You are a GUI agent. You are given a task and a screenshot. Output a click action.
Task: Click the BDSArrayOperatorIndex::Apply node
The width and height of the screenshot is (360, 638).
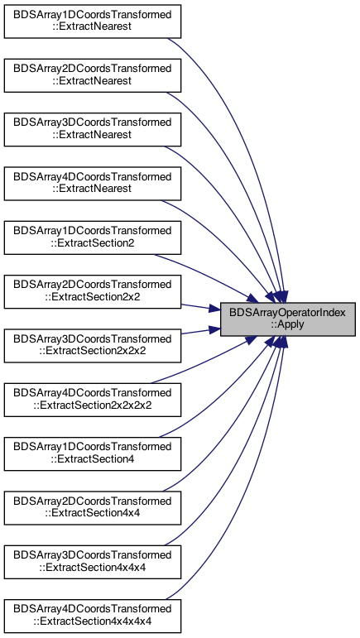coord(288,319)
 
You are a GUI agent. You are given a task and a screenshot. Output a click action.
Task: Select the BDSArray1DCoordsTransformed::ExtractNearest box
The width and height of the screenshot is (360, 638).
coord(93,22)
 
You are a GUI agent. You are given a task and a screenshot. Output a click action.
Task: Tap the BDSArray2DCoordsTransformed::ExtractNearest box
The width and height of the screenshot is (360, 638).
coord(93,75)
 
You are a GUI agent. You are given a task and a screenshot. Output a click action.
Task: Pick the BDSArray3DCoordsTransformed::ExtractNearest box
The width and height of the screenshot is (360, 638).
coord(93,129)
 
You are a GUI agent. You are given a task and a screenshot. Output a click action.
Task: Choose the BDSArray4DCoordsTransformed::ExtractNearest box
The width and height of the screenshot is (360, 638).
coord(93,184)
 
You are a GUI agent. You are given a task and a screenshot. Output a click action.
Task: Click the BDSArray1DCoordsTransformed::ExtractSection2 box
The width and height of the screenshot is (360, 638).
coord(93,237)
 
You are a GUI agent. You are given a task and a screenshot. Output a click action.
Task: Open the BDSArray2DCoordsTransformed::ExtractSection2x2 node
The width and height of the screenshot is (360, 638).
coord(93,292)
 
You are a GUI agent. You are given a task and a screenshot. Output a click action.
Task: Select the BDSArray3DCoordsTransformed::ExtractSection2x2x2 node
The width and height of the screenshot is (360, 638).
coord(93,346)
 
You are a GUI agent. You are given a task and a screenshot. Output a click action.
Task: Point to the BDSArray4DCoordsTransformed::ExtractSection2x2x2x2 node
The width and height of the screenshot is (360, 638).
coord(93,400)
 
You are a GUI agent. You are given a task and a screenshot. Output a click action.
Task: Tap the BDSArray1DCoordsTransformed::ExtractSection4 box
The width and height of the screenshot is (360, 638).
coord(93,453)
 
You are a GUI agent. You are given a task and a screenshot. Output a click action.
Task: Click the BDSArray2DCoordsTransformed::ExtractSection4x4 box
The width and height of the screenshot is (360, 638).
coord(93,508)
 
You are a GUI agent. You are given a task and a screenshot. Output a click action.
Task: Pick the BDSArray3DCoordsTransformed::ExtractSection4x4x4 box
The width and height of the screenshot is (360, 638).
coord(93,562)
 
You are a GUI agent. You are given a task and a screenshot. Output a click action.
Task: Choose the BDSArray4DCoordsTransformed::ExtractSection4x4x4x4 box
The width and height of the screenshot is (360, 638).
coord(93,616)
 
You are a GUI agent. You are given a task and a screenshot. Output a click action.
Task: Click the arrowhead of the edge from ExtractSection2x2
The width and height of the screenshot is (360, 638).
coord(215,309)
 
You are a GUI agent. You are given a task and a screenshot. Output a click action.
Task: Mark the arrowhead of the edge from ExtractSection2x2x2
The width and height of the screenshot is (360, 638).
coord(215,329)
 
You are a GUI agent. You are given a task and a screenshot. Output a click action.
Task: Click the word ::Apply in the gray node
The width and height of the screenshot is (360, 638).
coord(288,325)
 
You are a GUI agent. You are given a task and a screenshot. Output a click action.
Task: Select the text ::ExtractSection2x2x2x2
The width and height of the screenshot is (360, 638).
coord(93,405)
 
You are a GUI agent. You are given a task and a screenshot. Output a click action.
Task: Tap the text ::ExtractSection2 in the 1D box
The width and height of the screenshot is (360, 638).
coord(93,244)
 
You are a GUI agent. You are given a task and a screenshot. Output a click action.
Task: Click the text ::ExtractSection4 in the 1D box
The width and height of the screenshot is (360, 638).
coord(93,460)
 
